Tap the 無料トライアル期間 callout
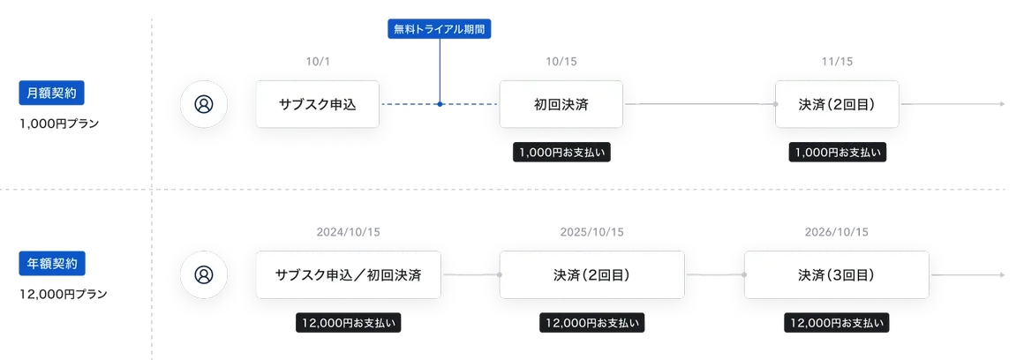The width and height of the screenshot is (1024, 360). (439, 28)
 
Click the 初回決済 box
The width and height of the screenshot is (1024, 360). (561, 104)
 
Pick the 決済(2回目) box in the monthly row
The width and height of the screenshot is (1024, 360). (836, 104)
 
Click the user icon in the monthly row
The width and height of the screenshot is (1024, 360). (204, 104)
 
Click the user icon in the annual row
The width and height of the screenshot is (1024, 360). (204, 274)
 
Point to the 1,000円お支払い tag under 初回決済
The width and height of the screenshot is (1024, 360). (561, 152)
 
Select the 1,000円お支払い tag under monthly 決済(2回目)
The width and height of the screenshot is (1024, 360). (837, 152)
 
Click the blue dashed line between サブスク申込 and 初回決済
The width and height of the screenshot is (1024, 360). (415, 104)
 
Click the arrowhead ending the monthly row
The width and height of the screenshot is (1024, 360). (1003, 104)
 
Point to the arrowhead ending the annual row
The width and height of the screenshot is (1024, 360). (1003, 274)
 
